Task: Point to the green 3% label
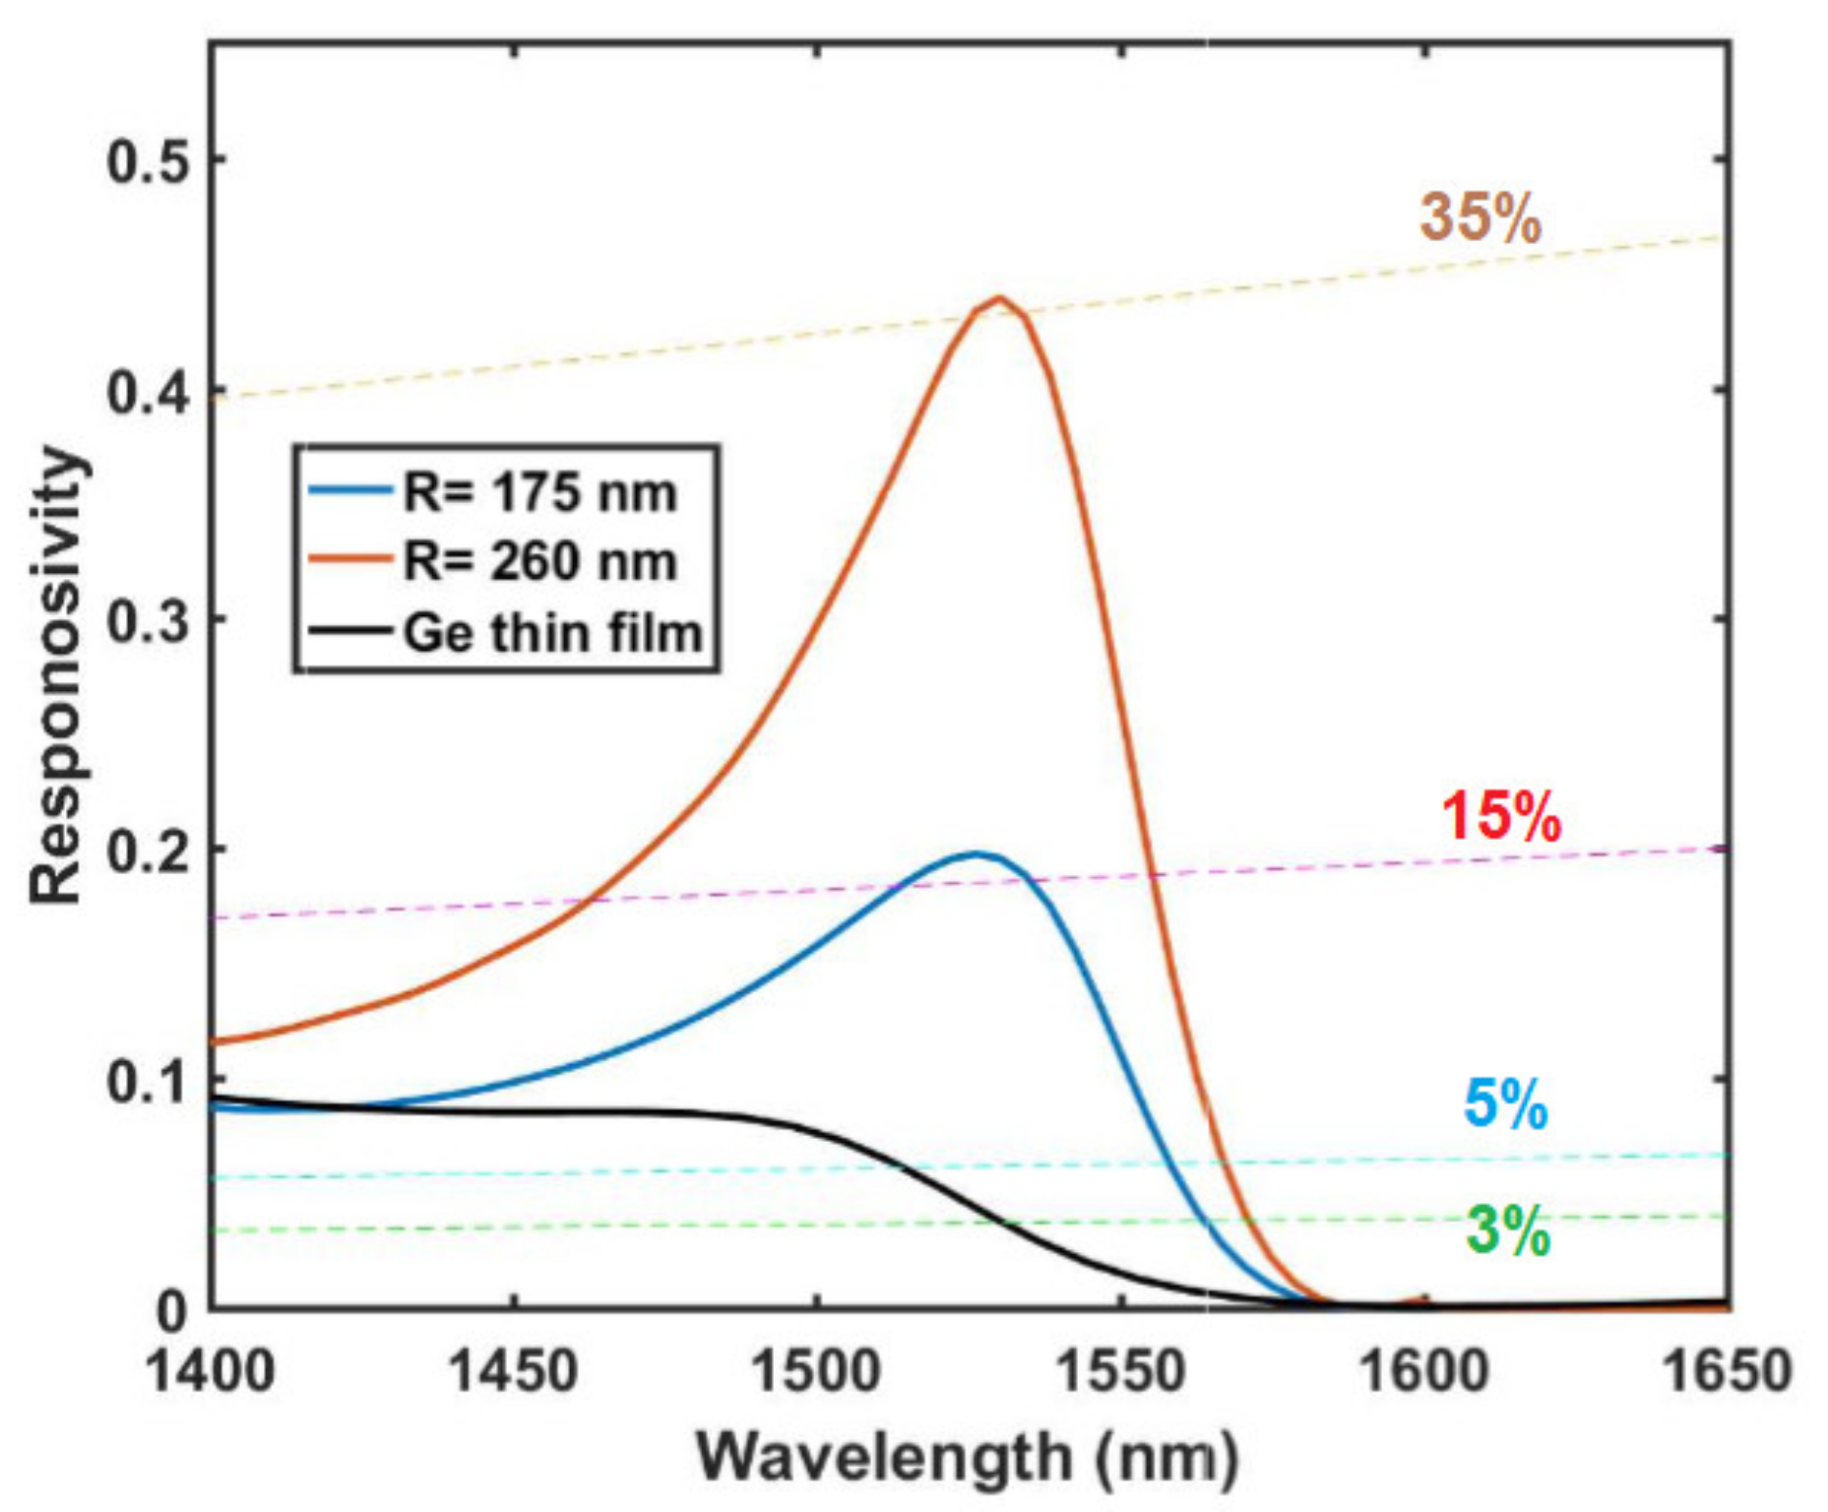(1508, 1230)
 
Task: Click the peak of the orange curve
(999, 297)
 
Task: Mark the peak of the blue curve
(977, 853)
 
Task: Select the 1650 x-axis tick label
(1726, 1369)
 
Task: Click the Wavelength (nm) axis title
(968, 1455)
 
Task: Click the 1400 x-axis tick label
(210, 1369)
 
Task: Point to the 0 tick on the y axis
(172, 1310)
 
